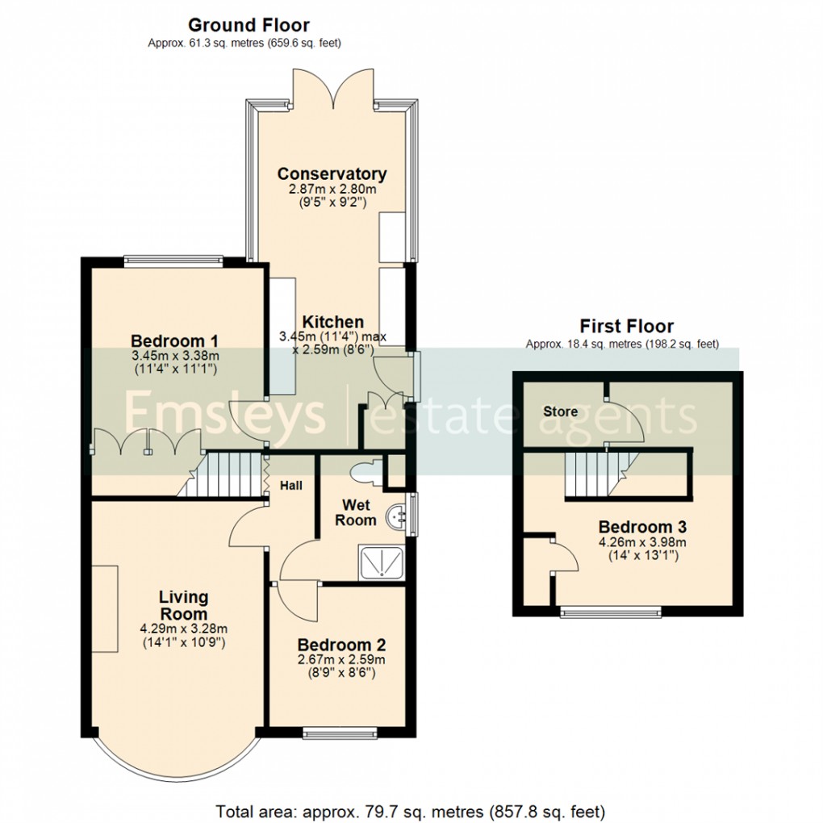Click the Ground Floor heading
click(249, 25)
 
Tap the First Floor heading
click(626, 326)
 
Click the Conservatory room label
click(332, 173)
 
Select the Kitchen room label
click(332, 321)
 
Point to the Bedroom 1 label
click(174, 340)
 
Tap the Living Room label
click(184, 605)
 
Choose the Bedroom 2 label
click(341, 645)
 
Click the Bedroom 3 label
click(642, 526)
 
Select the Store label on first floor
click(561, 411)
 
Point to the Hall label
click(290, 486)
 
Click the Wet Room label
click(356, 513)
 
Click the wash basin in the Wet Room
click(396, 517)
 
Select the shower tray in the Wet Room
click(382, 562)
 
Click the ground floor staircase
click(220, 474)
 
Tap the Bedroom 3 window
click(611, 612)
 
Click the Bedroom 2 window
click(340, 733)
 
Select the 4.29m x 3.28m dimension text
click(184, 629)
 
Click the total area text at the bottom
click(411, 812)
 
